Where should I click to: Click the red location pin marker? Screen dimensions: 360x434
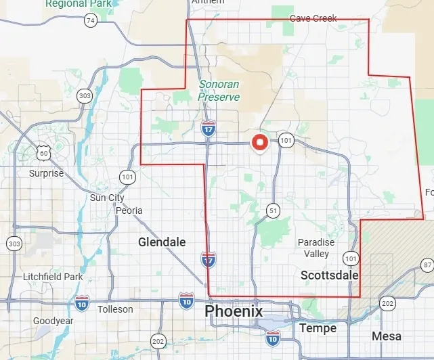coord(259,143)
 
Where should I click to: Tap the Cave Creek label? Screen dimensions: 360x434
coord(313,18)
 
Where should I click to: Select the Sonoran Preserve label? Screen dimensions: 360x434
coord(219,91)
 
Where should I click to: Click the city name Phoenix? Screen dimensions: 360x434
coord(234,311)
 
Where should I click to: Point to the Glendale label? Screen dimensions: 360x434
coord(161,242)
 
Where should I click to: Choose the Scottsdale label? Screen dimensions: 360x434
coord(329,275)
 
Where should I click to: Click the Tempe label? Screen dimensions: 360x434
coord(317,328)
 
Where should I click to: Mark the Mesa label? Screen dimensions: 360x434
coord(386,336)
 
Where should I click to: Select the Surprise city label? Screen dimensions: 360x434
coord(46,173)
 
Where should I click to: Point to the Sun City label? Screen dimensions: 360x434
coord(107,198)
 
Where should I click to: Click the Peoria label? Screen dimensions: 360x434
coord(129,210)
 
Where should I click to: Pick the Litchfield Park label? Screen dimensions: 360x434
coord(52,277)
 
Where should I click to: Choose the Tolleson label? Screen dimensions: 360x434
coord(115,309)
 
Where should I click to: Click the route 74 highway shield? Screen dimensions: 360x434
coord(90,20)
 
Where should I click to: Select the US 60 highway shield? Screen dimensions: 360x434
coord(43,154)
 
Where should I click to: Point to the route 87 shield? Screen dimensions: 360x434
coord(427,264)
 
